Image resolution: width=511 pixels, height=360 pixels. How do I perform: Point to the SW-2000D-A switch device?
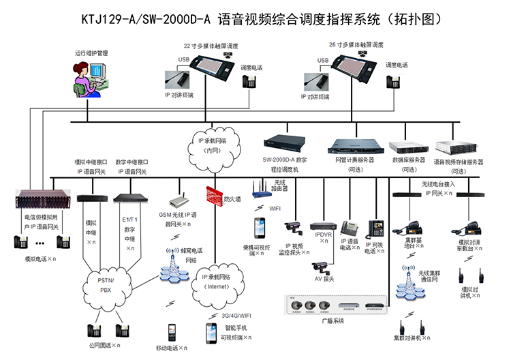coord(285,145)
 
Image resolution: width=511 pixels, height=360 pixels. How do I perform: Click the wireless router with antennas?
coord(260,188)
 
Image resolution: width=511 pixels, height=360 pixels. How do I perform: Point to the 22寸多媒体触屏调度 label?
coord(210,45)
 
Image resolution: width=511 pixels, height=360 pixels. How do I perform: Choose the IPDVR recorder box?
coord(322,225)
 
